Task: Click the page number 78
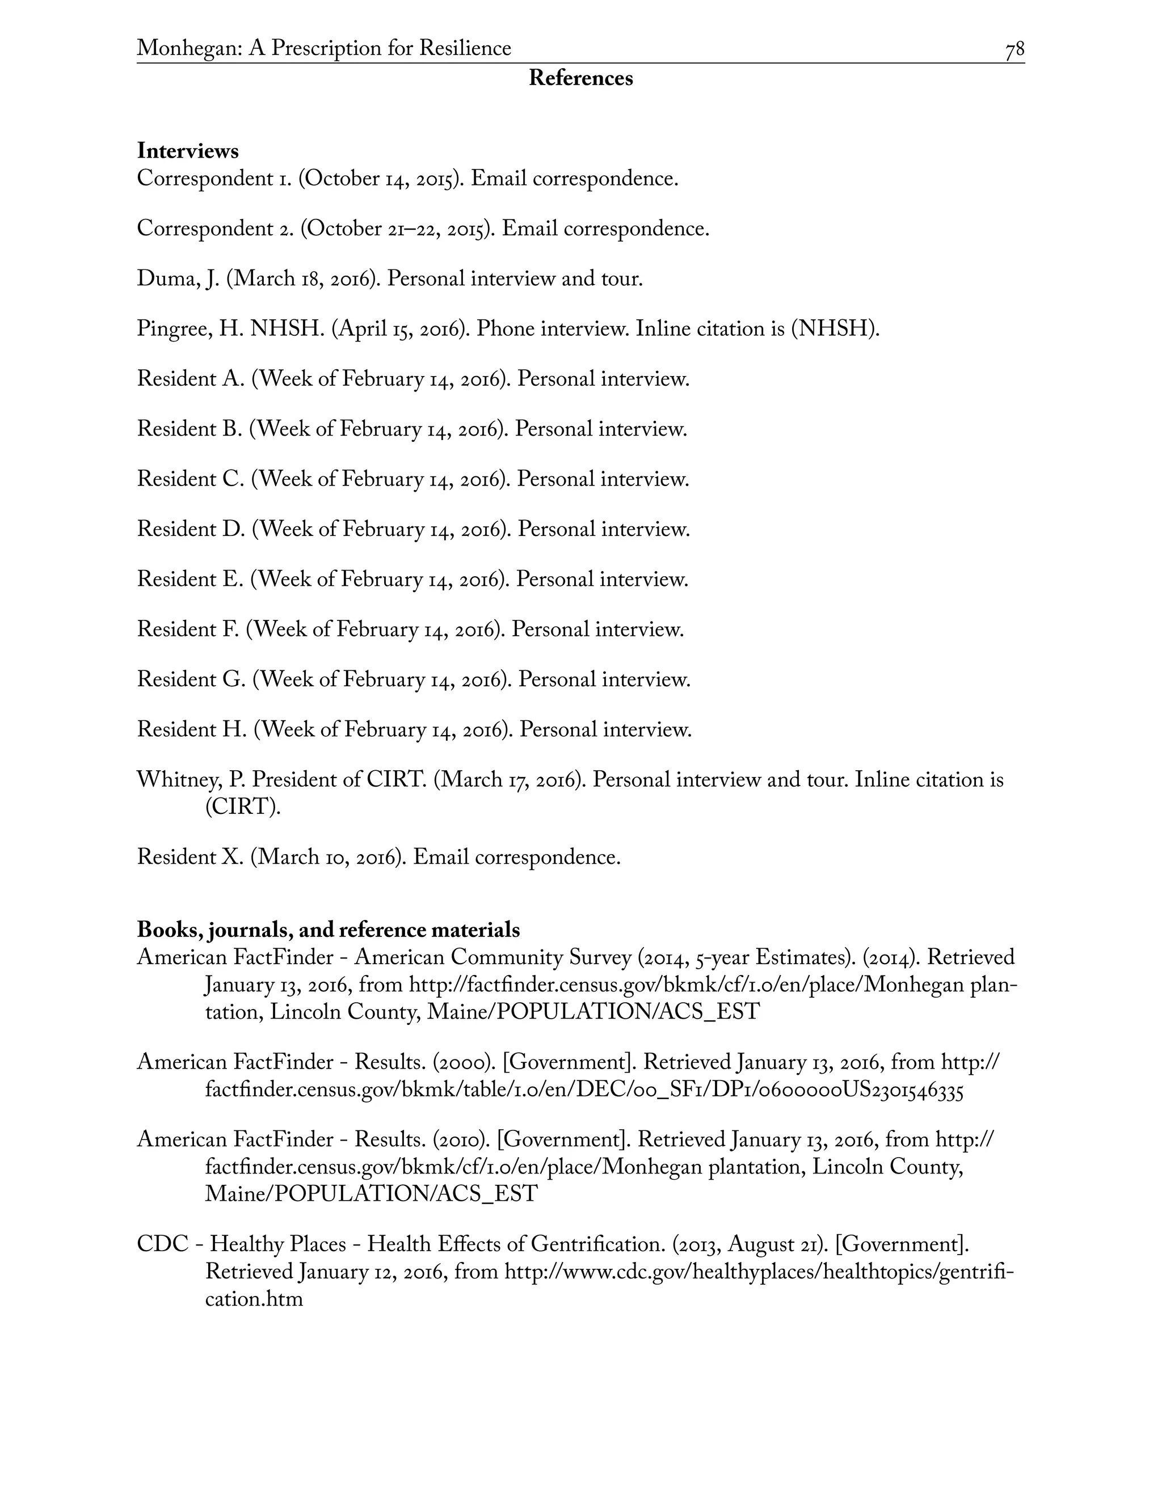(x=1014, y=49)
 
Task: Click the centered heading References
(x=580, y=78)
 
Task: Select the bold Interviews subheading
(x=188, y=151)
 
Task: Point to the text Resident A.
(x=190, y=379)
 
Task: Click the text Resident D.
(x=191, y=529)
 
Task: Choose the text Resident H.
(x=191, y=729)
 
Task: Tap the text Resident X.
(x=190, y=858)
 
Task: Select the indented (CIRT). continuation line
(x=243, y=807)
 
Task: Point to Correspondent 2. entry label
(x=216, y=229)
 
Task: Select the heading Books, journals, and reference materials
(x=329, y=930)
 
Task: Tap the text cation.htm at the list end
(x=254, y=1299)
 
